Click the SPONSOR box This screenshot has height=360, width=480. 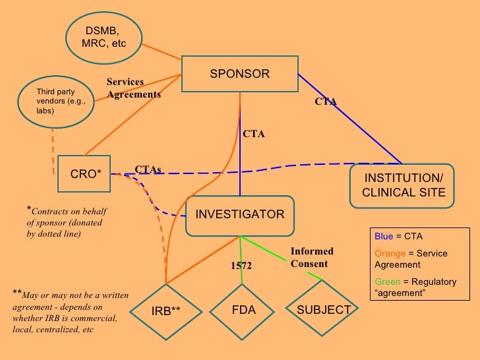click(239, 74)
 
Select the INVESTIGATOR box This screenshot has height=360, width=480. click(239, 215)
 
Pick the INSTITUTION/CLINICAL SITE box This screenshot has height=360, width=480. click(403, 185)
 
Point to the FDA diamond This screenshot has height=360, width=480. click(243, 310)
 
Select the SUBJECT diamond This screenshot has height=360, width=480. click(323, 310)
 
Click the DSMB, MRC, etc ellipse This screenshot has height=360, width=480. click(104, 38)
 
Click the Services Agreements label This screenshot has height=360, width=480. click(133, 88)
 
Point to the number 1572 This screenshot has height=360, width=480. click(241, 266)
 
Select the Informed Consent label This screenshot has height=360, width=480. click(312, 257)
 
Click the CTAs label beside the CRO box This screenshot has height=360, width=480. click(148, 169)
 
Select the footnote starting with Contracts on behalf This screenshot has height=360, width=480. click(66, 222)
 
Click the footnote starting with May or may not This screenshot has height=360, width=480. click(69, 310)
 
